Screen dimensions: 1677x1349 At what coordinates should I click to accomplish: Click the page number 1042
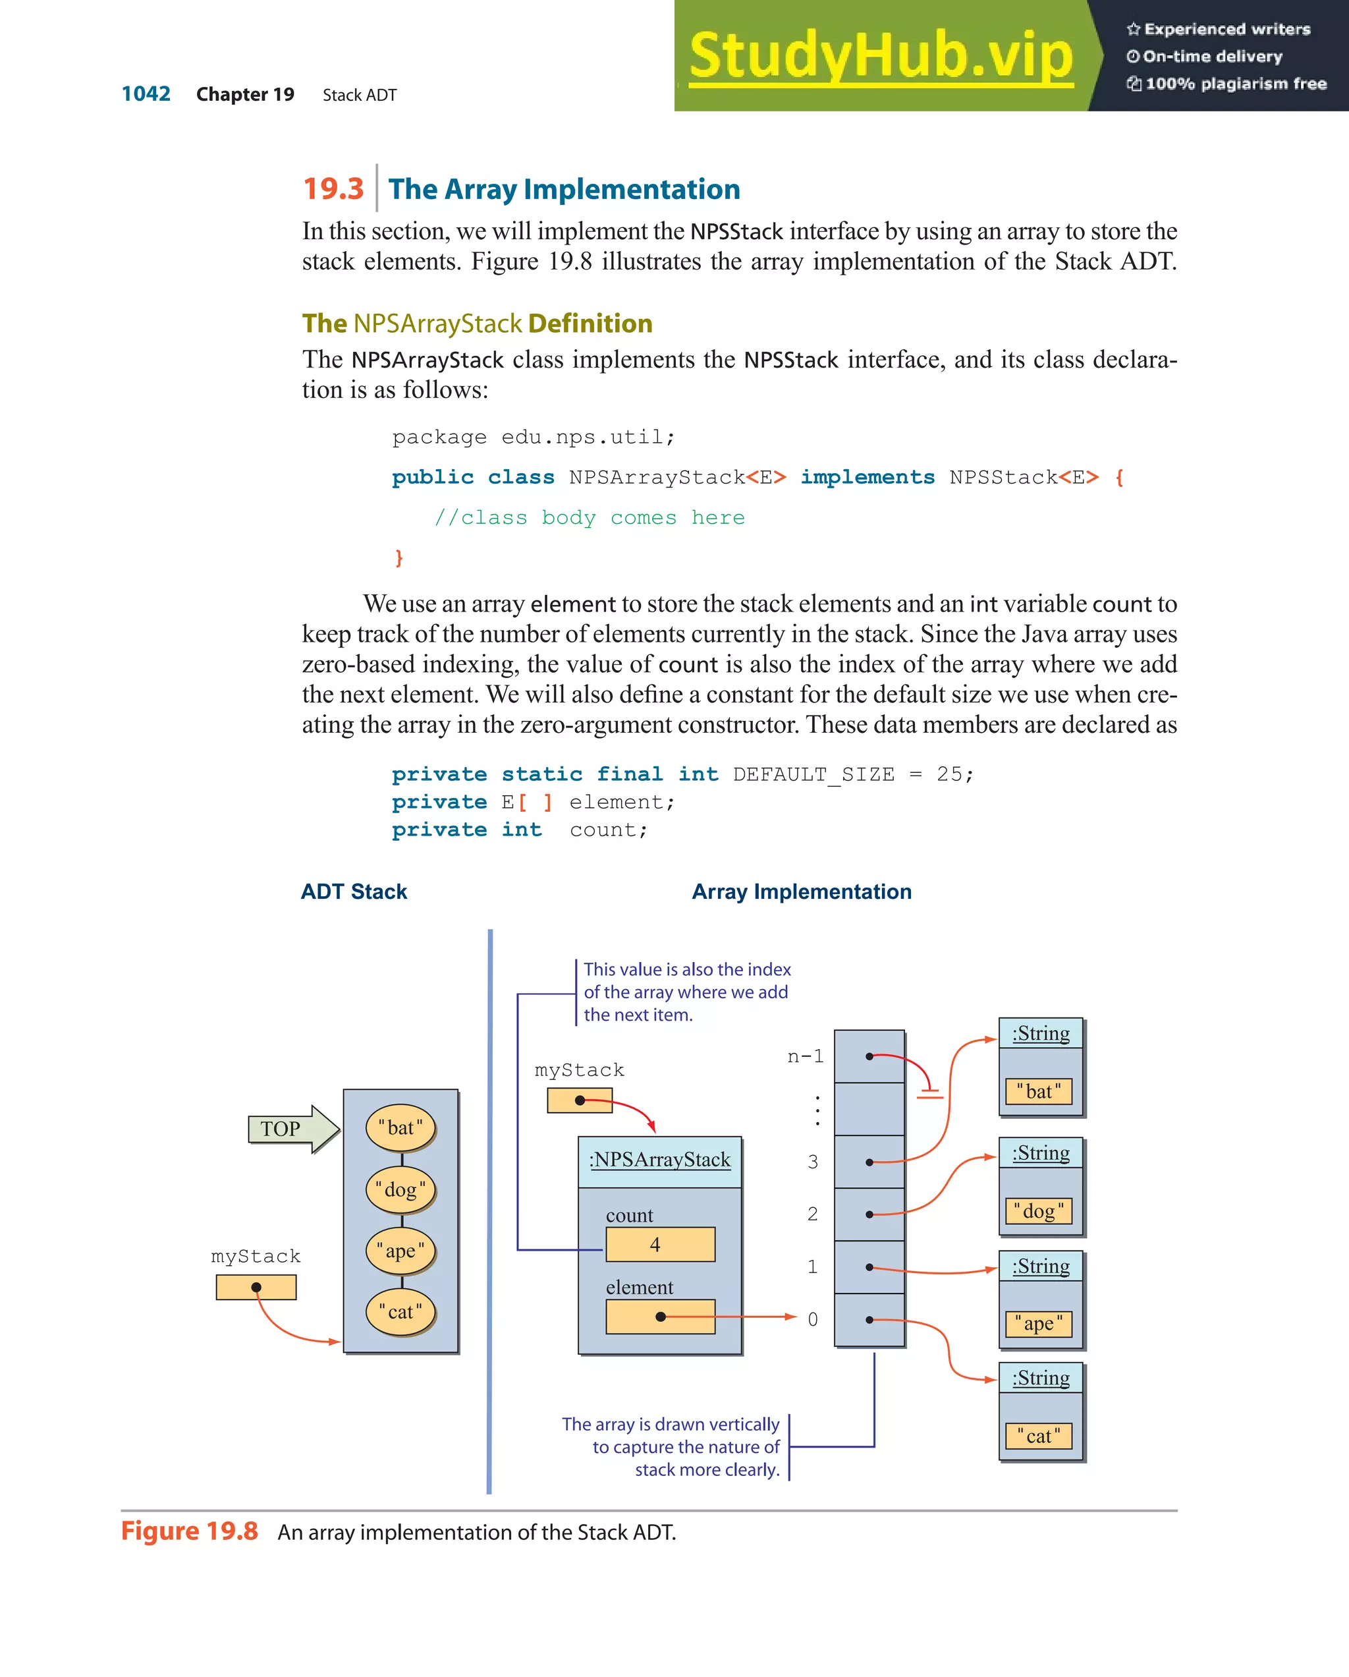click(x=146, y=94)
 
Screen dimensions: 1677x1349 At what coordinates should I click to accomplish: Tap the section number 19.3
click(x=333, y=189)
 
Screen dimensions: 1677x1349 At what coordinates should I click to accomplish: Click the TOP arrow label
click(x=281, y=1129)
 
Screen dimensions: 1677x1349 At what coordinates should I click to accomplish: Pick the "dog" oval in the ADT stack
click(x=400, y=1189)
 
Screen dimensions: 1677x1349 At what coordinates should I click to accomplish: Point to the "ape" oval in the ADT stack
click(x=400, y=1251)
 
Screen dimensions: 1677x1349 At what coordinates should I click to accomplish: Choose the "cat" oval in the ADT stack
click(x=400, y=1312)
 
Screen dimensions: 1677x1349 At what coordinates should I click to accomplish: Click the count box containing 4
click(x=660, y=1245)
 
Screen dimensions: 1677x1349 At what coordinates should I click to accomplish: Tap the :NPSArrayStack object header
click(x=659, y=1160)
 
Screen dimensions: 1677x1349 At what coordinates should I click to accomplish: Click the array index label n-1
click(x=805, y=1056)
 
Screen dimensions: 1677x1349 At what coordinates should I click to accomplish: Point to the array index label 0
click(x=813, y=1319)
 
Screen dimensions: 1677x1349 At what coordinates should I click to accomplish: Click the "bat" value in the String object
click(x=1039, y=1091)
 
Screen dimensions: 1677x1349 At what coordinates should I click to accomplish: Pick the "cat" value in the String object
click(x=1039, y=1436)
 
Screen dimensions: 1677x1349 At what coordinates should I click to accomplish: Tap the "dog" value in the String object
click(x=1039, y=1211)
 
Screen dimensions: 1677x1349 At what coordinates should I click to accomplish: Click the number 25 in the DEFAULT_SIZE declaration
click(x=949, y=774)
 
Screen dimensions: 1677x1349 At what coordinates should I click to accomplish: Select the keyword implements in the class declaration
click(x=867, y=477)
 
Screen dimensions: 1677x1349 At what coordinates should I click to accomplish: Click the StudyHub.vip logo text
click(x=881, y=56)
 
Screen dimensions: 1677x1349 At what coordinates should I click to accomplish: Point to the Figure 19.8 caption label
click(x=189, y=1531)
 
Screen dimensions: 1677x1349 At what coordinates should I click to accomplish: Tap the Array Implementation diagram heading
click(x=802, y=892)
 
